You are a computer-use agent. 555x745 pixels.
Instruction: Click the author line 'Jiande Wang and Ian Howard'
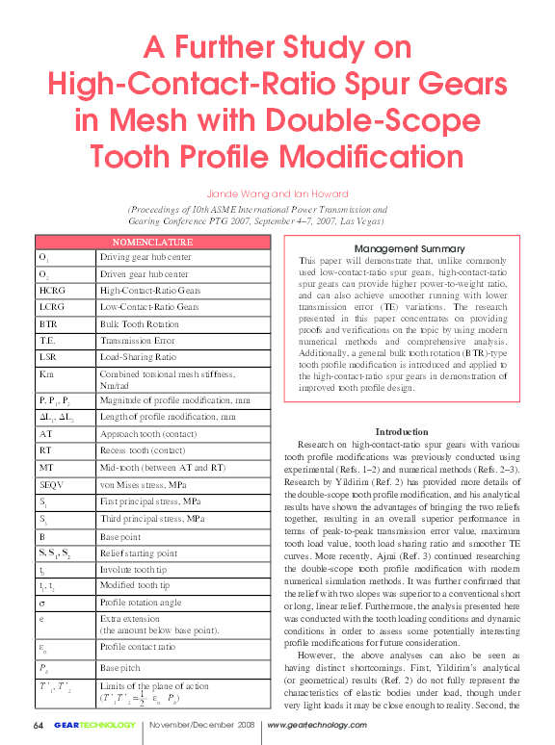pyautogui.click(x=277, y=193)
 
